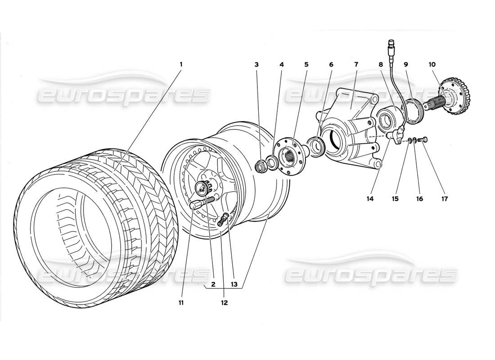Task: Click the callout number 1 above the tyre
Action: pyautogui.click(x=181, y=64)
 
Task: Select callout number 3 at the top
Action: pyautogui.click(x=256, y=64)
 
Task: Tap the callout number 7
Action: pyautogui.click(x=355, y=64)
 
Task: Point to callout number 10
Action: pyautogui.click(x=432, y=64)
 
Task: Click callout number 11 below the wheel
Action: pyautogui.click(x=181, y=302)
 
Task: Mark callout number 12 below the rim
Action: pyautogui.click(x=224, y=302)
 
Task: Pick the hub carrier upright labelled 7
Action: pyautogui.click(x=351, y=130)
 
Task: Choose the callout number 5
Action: pyautogui.click(x=306, y=64)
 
